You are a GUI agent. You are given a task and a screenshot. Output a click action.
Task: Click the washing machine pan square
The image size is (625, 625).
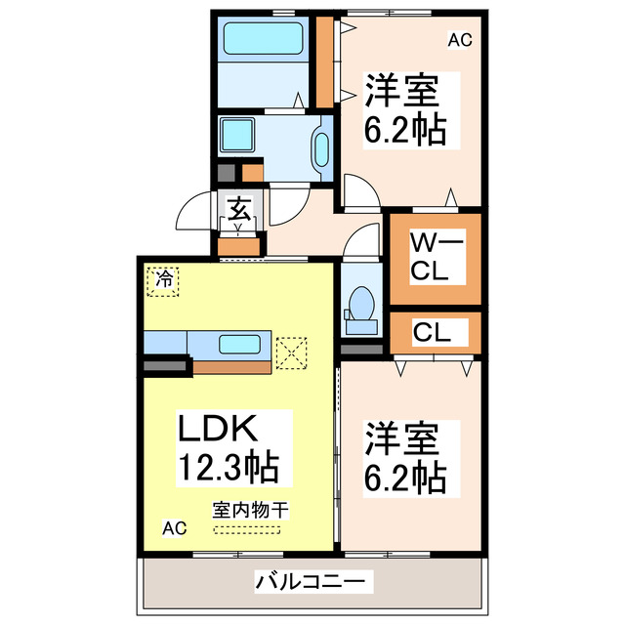point(238,135)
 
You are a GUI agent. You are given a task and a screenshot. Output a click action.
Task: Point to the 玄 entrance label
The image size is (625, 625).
point(239,209)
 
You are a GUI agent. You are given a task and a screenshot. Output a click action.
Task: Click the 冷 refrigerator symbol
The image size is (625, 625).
point(160,279)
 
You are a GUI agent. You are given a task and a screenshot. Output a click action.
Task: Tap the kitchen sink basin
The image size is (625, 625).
point(239,344)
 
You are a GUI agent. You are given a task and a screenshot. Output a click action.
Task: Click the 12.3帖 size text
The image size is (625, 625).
point(227,466)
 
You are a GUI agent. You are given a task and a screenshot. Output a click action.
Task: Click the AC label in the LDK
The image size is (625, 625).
point(173,528)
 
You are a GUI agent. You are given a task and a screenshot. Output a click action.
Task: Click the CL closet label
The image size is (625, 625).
point(431,332)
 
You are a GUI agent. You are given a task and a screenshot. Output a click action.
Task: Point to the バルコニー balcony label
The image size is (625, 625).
point(313,582)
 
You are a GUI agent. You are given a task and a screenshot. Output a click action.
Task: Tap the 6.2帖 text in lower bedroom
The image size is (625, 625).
point(406,478)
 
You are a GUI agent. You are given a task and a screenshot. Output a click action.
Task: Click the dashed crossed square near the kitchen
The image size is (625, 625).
point(291,353)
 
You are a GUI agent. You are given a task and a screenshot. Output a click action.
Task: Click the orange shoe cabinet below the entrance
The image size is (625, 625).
point(238,245)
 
